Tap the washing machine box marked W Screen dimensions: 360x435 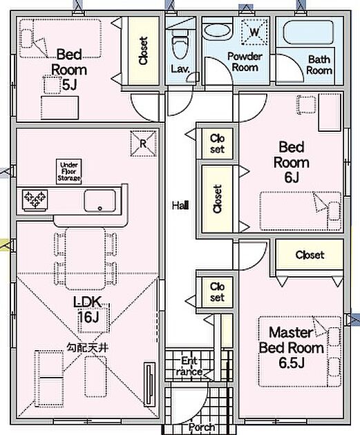pos(255,32)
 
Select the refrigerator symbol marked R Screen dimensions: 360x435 pos(143,144)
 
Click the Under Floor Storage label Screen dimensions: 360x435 pos(69,171)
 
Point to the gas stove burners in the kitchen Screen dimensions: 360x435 pos(35,200)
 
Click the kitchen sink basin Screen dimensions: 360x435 pos(100,201)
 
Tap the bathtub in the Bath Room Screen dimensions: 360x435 pos(308,32)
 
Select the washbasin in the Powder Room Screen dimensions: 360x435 pos(217,31)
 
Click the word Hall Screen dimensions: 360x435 pos(180,206)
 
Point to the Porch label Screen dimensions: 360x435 pos(202,427)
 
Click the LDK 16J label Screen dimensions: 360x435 pos(88,309)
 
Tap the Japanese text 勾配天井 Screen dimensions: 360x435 pos(87,347)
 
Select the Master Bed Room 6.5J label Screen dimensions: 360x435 pos(292,347)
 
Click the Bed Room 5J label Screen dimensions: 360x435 pos(69,69)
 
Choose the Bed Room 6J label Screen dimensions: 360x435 pos(292,162)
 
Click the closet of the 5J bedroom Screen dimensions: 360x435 pos(143,51)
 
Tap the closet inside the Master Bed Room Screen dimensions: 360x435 pos(310,255)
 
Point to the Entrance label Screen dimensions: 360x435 pos(189,366)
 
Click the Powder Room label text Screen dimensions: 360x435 pos(245,61)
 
